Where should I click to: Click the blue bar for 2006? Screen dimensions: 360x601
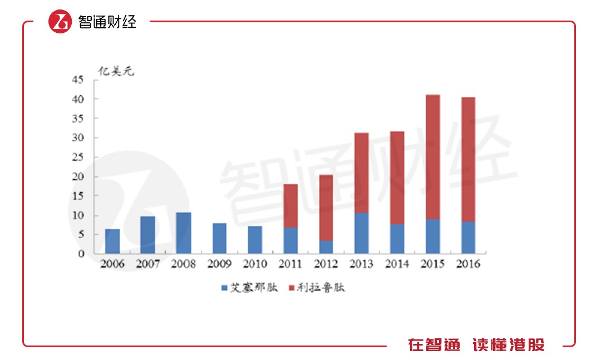[112, 241]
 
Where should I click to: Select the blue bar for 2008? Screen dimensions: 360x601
[183, 233]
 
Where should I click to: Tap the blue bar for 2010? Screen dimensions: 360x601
[255, 240]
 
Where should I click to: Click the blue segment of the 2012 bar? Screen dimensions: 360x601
[326, 247]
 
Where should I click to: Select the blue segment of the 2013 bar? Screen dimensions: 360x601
[361, 233]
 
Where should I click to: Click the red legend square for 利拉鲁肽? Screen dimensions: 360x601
[292, 288]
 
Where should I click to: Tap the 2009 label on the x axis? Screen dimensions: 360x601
[219, 264]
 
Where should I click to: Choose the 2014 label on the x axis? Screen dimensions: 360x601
[397, 264]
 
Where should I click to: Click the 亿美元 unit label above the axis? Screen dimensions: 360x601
[116, 71]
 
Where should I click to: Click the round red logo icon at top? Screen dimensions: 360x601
[60, 22]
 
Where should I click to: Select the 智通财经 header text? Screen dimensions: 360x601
[107, 22]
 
